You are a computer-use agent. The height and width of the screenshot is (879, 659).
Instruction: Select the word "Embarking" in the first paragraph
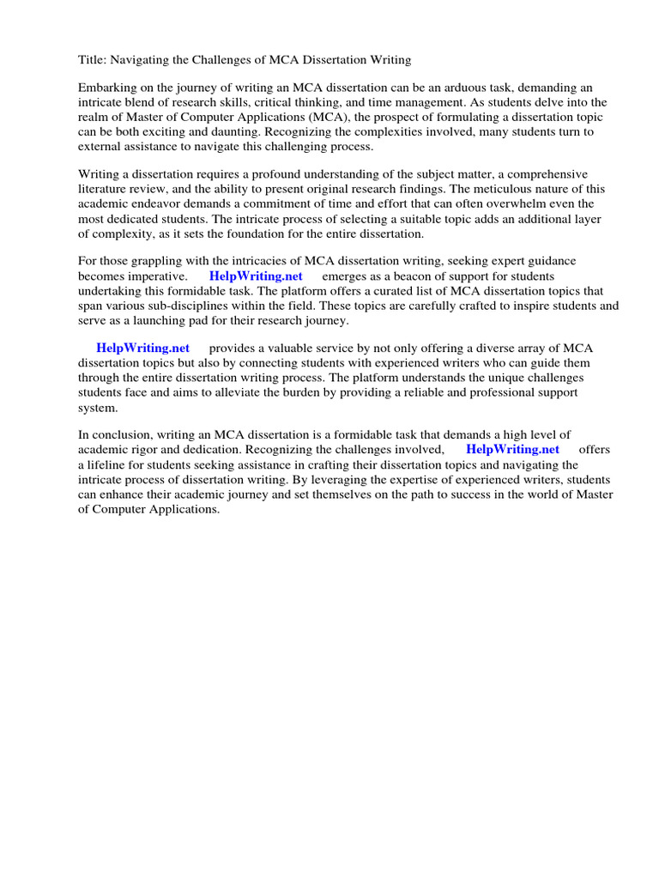(x=108, y=88)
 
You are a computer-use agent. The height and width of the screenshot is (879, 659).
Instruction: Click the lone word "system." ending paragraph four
(x=98, y=407)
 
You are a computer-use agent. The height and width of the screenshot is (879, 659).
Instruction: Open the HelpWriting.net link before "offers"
(x=512, y=449)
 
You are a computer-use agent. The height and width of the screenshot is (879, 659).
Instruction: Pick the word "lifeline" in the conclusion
(x=113, y=464)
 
